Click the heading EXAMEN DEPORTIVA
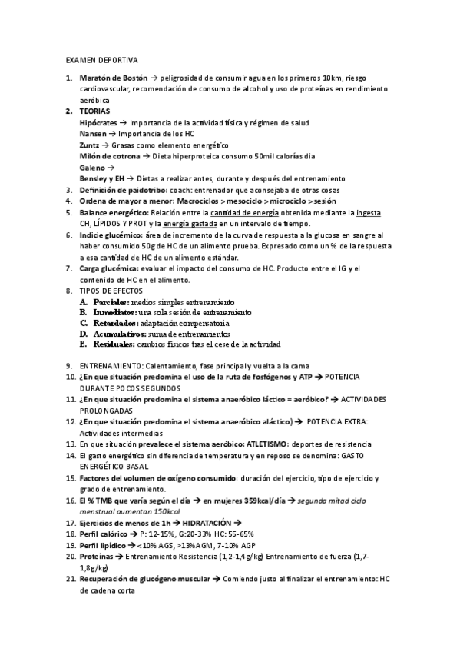point(102,59)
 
